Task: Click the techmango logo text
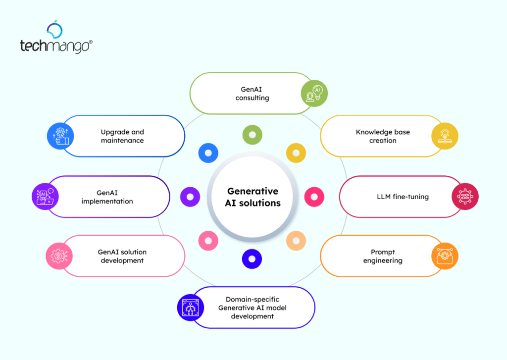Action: [55, 46]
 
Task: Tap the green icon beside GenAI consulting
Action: [315, 93]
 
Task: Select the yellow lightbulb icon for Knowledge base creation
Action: [445, 136]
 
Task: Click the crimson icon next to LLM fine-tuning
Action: [465, 197]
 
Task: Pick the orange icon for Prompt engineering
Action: [445, 256]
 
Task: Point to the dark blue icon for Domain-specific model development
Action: [191, 308]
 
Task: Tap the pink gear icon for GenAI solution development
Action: [59, 256]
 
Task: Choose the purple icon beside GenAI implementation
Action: [45, 197]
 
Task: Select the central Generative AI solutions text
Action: [253, 197]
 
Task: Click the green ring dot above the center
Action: [253, 135]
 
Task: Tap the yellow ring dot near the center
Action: [296, 153]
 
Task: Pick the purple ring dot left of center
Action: [190, 197]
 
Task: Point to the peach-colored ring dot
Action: [296, 241]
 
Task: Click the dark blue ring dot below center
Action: [252, 258]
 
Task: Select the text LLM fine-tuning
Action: [403, 197]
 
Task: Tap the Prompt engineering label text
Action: [383, 256]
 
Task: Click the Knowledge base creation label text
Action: [383, 136]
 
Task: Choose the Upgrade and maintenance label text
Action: [122, 136]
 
